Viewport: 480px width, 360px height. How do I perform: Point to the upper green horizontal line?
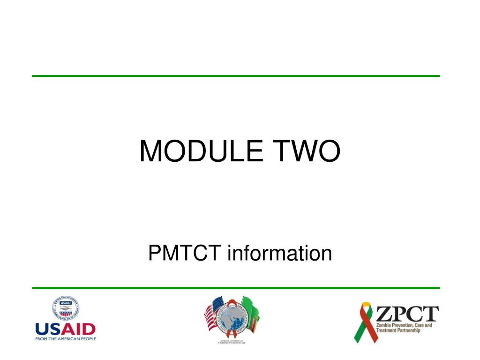pyautogui.click(x=236, y=76)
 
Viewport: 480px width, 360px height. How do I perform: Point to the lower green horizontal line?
pyautogui.click(x=236, y=288)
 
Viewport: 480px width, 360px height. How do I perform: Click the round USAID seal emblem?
pyautogui.click(x=66, y=309)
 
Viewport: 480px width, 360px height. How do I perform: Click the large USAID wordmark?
pyautogui.click(x=65, y=329)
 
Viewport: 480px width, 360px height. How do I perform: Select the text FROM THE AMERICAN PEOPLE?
pyautogui.click(x=65, y=338)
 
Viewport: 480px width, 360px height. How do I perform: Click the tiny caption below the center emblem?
pyautogui.click(x=232, y=342)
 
